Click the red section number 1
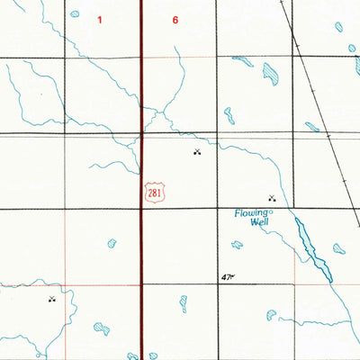point(101,19)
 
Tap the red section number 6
point(174,19)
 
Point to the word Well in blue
point(259,222)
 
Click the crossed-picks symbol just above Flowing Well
point(271,197)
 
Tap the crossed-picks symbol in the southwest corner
point(52,299)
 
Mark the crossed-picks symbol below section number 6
point(197,152)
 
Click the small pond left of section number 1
point(75,14)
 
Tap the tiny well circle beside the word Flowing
point(272,211)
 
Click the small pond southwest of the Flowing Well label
point(237,245)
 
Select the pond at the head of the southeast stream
point(270,314)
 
